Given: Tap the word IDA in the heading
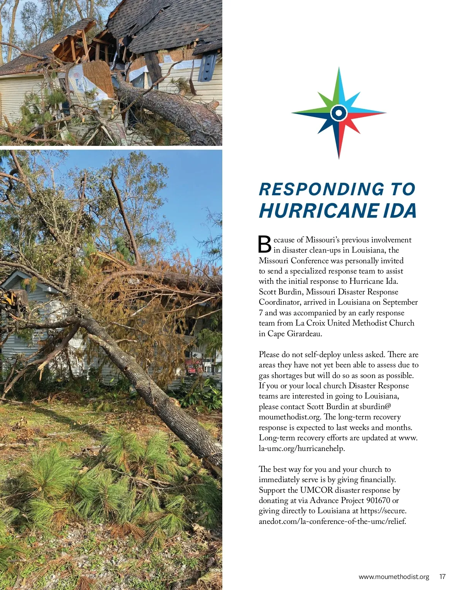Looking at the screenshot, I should click(x=400, y=211).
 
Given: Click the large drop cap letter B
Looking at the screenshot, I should click(x=264, y=244).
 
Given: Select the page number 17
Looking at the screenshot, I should click(x=442, y=577).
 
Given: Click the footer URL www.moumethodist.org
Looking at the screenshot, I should click(x=394, y=577).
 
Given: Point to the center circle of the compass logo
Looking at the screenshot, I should click(x=339, y=113).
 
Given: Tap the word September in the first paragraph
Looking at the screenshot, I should click(x=400, y=302).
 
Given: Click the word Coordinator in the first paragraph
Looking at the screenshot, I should click(x=280, y=302).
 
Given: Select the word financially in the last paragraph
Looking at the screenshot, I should click(x=375, y=479).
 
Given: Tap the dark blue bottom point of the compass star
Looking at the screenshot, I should click(x=339, y=142).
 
